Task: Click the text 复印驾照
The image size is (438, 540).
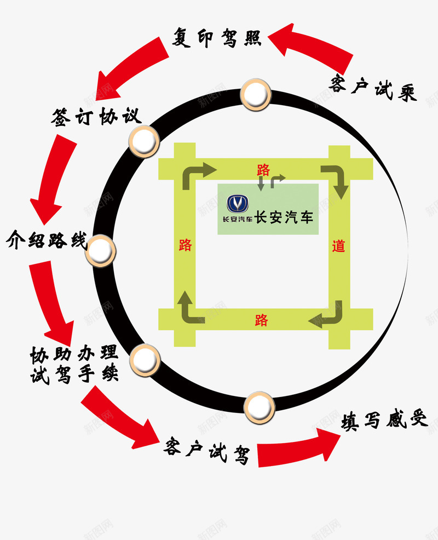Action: tap(217, 38)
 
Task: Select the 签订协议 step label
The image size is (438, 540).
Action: tap(96, 116)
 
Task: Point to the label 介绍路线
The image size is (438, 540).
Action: tap(47, 240)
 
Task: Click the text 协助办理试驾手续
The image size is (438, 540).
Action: tap(74, 365)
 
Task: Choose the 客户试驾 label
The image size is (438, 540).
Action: tap(206, 452)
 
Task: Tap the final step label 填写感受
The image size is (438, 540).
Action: tap(383, 420)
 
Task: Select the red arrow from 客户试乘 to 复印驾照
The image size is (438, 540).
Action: tap(312, 44)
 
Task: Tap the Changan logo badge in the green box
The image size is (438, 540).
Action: tap(238, 204)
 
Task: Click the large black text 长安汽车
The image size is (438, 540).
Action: tap(284, 217)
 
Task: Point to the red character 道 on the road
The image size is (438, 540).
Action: tap(339, 246)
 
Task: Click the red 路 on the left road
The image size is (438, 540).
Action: tap(186, 245)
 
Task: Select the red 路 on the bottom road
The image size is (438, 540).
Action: tap(262, 320)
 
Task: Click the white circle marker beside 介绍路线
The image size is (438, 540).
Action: tap(101, 250)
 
